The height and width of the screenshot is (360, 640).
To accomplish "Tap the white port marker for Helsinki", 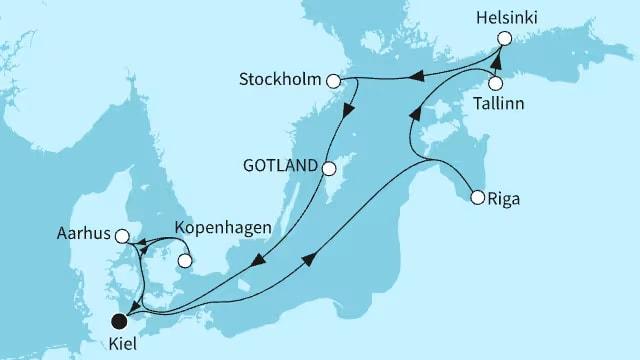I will coord(504,38).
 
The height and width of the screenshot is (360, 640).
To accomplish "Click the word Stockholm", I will coord(283,78).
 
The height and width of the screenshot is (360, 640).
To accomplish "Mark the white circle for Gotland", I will coord(329,166).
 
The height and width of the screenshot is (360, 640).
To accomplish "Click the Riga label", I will coord(508,198).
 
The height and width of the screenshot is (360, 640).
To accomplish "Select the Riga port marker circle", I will coord(478,197).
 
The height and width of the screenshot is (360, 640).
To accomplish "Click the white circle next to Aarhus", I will coord(122,237).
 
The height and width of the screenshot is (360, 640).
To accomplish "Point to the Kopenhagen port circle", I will coord(184,262).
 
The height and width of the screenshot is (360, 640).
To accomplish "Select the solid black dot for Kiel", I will coord(121,321).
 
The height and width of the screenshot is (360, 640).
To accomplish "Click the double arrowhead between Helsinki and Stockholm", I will coord(418,72).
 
